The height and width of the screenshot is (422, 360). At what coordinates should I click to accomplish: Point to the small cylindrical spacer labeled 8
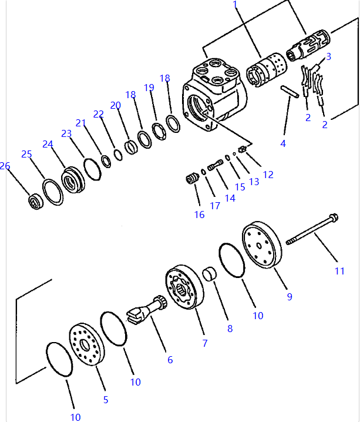click(x=210, y=274)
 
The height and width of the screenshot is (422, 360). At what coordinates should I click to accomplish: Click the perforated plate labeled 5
click(x=88, y=344)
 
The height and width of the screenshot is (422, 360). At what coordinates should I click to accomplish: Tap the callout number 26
click(x=5, y=166)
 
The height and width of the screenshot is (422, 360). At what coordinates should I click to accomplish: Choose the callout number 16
click(x=200, y=215)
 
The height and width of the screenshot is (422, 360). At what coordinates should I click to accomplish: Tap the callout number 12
click(x=268, y=175)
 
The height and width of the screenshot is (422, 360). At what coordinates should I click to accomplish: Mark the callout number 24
click(x=48, y=144)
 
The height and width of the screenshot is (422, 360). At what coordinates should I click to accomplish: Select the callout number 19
click(x=149, y=88)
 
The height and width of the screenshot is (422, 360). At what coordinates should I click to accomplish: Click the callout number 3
click(x=329, y=56)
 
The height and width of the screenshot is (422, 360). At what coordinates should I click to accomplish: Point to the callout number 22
click(x=98, y=113)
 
